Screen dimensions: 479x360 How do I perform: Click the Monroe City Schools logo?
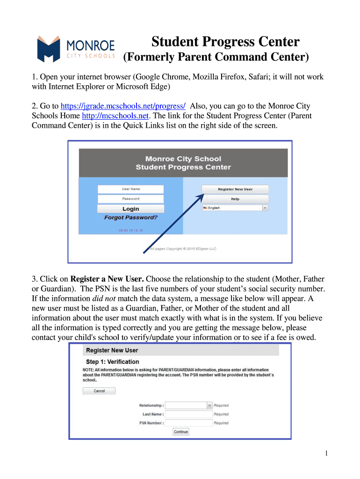point(76,49)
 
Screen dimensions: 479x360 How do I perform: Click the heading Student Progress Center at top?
point(225,42)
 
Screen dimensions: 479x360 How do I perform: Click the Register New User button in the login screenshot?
point(235,189)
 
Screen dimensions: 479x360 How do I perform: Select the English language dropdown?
point(235,208)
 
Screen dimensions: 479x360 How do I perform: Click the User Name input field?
point(131,189)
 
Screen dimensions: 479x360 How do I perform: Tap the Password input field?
point(131,198)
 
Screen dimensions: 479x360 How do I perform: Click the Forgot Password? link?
point(131,218)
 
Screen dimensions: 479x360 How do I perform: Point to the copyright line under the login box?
point(182,249)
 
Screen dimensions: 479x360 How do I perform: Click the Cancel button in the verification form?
point(99,391)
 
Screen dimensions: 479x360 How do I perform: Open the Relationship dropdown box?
point(189,405)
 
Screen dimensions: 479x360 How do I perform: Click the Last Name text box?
point(189,414)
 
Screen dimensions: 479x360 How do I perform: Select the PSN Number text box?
point(189,423)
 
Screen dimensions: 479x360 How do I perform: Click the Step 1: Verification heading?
point(113,362)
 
